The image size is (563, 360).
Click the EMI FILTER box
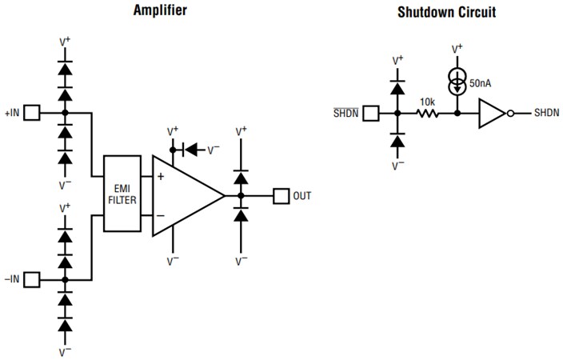tap(122, 195)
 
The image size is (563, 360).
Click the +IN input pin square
tap(31, 114)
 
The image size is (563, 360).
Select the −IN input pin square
tap(31, 279)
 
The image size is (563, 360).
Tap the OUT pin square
tap(281, 195)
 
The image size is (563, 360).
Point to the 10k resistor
tap(426, 114)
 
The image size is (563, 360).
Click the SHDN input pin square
tap(370, 114)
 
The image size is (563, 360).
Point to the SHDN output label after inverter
tap(548, 114)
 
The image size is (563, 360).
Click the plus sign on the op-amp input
tap(161, 177)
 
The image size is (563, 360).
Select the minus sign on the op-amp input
tap(161, 214)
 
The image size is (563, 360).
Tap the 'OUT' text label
tap(302, 195)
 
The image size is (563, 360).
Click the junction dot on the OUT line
tap(240, 195)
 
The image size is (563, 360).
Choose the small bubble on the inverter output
tap(509, 114)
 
